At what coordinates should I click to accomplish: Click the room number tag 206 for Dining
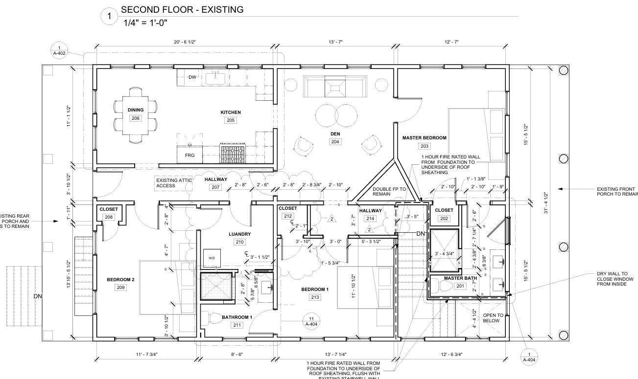click(x=136, y=118)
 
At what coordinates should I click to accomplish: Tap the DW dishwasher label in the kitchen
click(x=192, y=77)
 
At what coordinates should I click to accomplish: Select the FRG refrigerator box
click(x=189, y=155)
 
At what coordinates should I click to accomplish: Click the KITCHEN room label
click(x=231, y=112)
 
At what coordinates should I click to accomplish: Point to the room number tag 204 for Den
click(x=335, y=142)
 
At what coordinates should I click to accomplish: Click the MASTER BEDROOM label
click(x=424, y=138)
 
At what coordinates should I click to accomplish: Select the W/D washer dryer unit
click(x=212, y=258)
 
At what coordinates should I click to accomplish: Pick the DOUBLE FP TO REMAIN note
click(x=389, y=192)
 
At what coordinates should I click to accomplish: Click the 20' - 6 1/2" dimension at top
click(x=185, y=43)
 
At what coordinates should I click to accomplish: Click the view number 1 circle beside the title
click(x=109, y=17)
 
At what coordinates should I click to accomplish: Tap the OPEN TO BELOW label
click(x=491, y=318)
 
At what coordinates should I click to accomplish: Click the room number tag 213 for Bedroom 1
click(x=315, y=297)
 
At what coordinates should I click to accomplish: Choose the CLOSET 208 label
click(x=108, y=209)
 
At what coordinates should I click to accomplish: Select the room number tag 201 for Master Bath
click(x=460, y=286)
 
